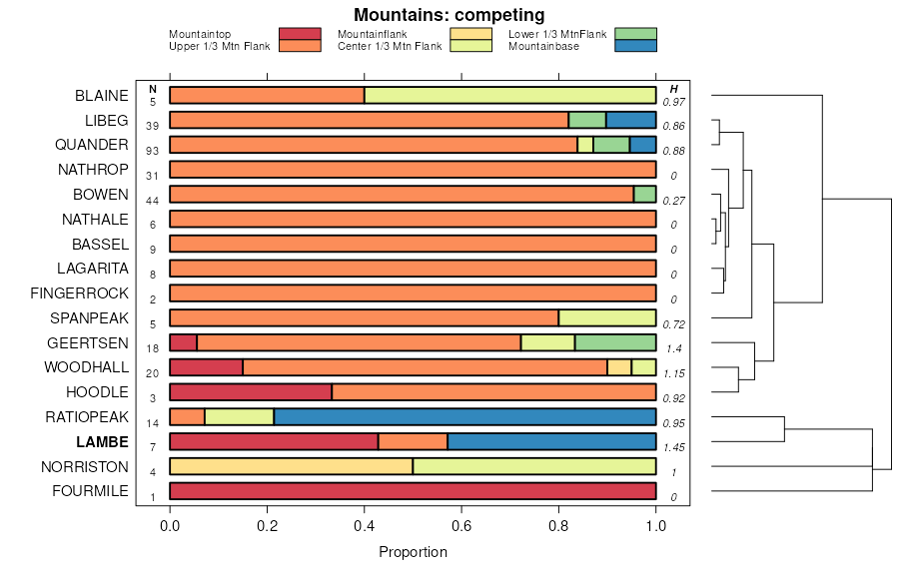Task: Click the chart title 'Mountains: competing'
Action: click(449, 15)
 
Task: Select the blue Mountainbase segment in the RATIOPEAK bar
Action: click(464, 416)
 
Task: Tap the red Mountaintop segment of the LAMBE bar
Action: click(274, 441)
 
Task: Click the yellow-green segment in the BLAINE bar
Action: click(509, 95)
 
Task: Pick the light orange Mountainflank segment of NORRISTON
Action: click(292, 466)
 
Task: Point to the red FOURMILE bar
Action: click(413, 491)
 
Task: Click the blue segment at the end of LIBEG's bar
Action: click(630, 120)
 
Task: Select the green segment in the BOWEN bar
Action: click(644, 194)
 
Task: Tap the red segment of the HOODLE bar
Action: click(251, 391)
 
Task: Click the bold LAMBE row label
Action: click(102, 441)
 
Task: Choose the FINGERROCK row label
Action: click(80, 293)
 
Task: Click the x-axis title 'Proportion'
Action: click(413, 551)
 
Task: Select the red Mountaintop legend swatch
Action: click(300, 34)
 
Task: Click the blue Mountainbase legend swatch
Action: click(635, 45)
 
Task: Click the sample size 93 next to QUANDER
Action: click(153, 151)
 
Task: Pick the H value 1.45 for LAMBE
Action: click(674, 447)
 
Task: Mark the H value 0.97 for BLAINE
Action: click(674, 102)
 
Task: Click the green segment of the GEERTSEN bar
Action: click(615, 342)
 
